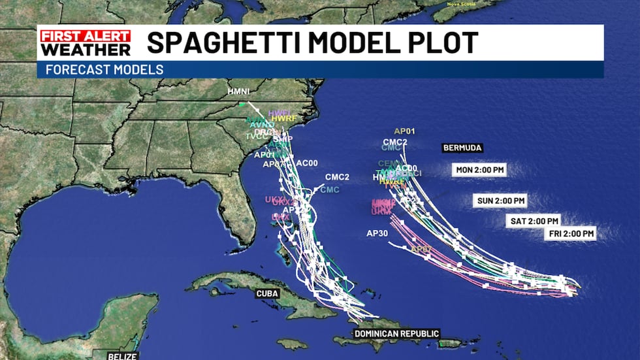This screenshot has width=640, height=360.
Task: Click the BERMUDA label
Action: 462,148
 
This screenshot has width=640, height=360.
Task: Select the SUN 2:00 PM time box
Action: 500,201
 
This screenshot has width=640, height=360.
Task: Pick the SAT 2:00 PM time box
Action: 534,221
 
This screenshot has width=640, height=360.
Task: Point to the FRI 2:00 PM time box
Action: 571,233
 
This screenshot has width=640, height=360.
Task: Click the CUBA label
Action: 267,293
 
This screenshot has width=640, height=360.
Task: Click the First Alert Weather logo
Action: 84,42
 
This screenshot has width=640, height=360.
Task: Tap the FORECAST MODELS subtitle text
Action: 104,69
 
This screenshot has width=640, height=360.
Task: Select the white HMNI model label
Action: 238,91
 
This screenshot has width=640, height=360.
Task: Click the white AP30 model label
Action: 377,233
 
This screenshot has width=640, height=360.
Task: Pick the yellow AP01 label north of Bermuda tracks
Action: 405,131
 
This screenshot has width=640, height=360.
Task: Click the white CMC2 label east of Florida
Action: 338,177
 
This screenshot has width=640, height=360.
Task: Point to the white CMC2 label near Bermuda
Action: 395,142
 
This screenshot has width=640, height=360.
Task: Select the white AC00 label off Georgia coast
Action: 307,163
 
